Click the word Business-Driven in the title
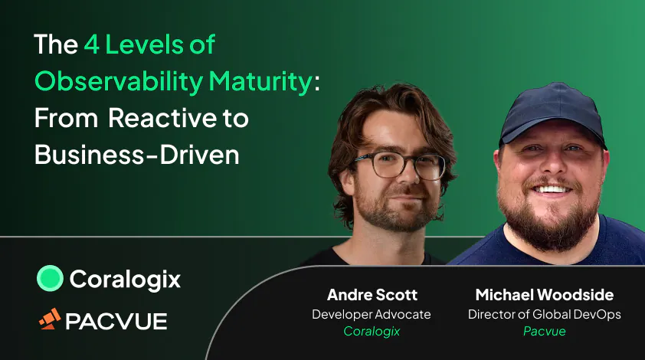(137, 155)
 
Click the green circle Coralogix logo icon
(50, 279)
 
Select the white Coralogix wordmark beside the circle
(125, 280)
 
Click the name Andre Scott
(371, 296)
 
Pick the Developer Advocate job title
(371, 314)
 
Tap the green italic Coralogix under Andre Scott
(371, 331)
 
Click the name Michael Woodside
(544, 296)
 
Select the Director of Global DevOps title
(544, 314)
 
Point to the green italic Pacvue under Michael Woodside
(544, 331)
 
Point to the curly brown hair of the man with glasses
(391, 115)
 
